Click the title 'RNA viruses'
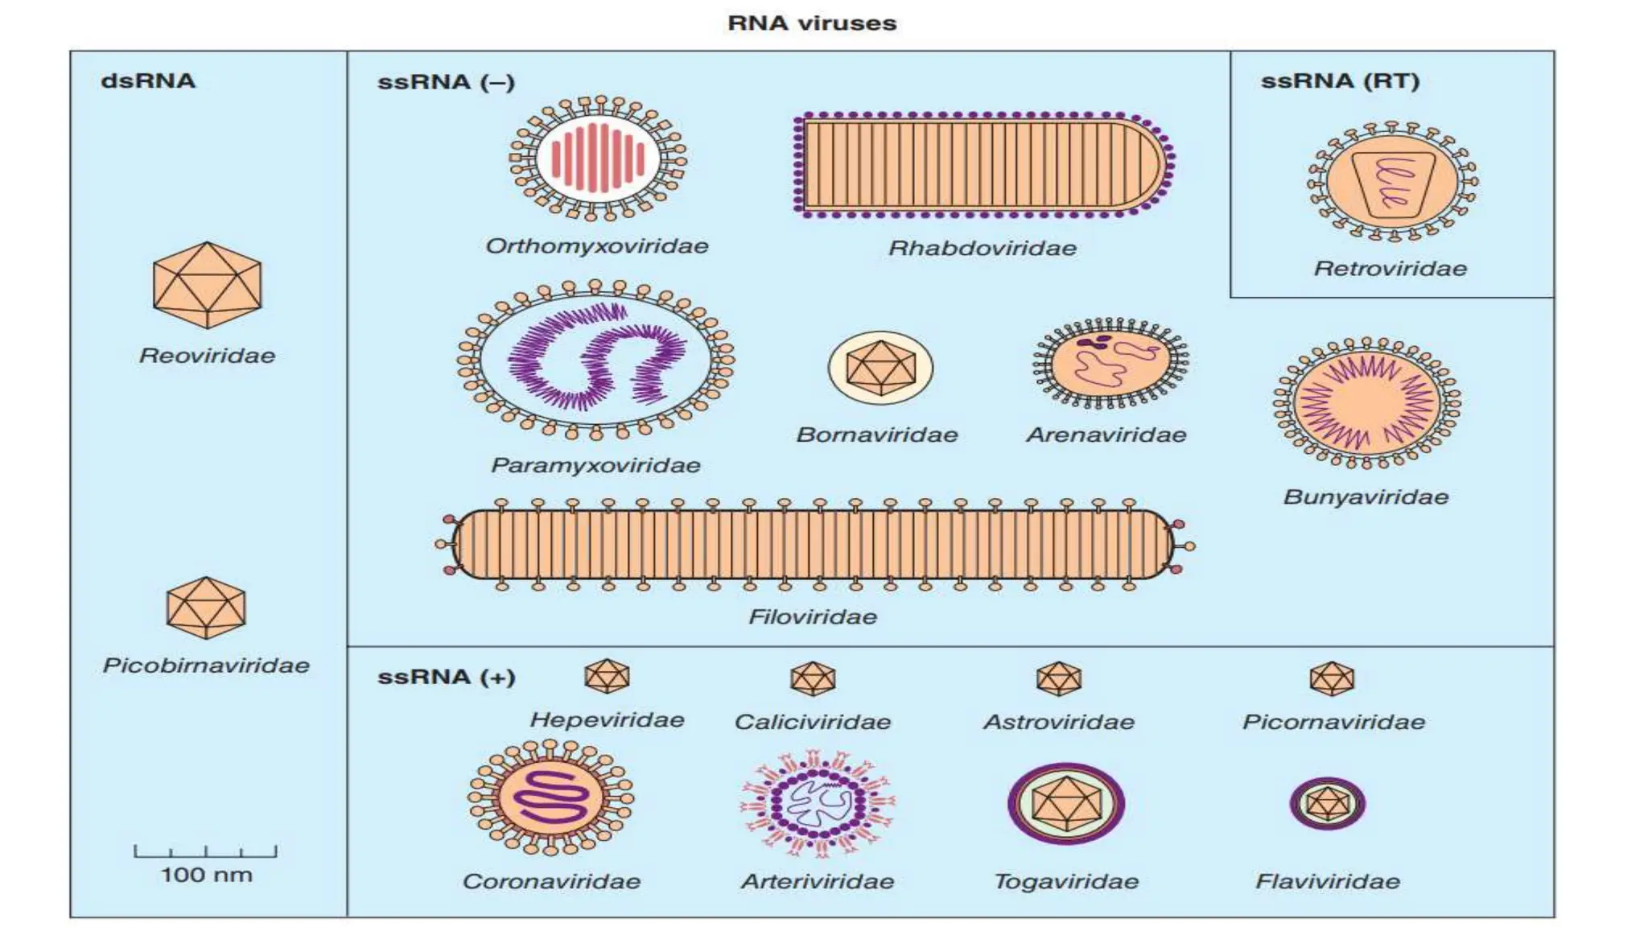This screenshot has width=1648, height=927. coord(811,23)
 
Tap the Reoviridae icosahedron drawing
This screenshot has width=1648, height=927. coord(207,285)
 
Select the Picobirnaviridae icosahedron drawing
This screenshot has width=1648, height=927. coord(206,608)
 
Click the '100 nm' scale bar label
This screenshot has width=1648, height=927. coord(206,875)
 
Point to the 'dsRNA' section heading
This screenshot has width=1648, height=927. coord(148,81)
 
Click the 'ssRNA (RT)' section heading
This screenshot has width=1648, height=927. coord(1340,81)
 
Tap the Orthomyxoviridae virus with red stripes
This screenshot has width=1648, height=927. coord(597,159)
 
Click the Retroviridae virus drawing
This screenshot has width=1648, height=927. coord(1392,182)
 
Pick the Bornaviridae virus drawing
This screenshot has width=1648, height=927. coord(880,368)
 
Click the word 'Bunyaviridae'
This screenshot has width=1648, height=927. coord(1366,497)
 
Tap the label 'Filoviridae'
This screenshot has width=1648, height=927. coord(813,617)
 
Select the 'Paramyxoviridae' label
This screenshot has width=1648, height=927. coord(595,465)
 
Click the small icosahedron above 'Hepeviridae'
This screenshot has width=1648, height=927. coord(607,676)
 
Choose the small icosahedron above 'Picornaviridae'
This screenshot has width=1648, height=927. coord(1332,678)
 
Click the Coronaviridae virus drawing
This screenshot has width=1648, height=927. coord(551,798)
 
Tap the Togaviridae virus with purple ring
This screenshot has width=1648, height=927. coord(1066,803)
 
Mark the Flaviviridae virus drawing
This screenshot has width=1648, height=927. coord(1328,803)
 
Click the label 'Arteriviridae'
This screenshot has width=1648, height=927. coord(818,882)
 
